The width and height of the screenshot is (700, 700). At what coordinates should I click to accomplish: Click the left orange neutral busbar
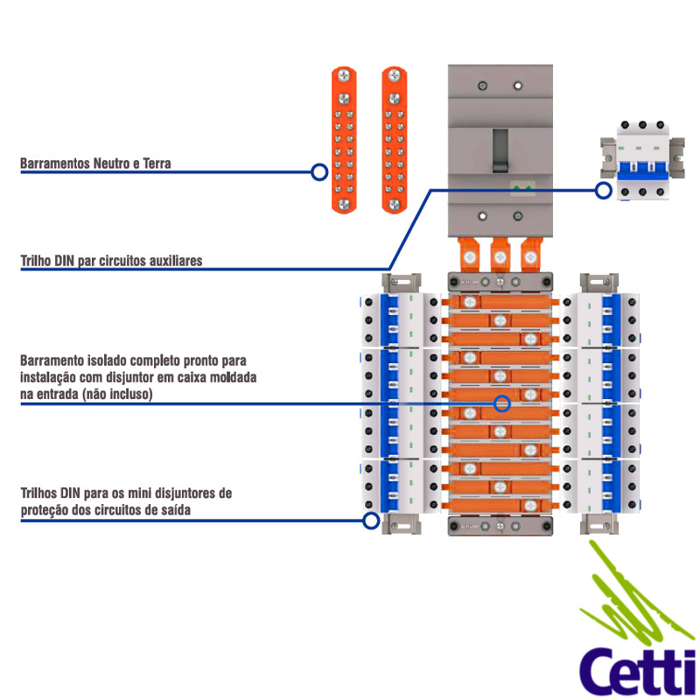(x=343, y=140)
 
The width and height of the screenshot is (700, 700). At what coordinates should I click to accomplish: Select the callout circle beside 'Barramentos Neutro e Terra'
(x=319, y=172)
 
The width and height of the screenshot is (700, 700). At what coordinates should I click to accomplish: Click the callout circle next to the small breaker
(x=604, y=190)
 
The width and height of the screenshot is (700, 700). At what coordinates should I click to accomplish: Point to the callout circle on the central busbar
(x=502, y=403)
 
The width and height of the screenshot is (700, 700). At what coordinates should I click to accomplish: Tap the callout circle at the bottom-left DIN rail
(x=371, y=521)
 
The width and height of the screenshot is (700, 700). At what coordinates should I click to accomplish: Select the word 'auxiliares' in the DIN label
(x=175, y=261)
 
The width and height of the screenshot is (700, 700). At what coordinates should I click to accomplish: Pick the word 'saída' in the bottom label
(x=172, y=510)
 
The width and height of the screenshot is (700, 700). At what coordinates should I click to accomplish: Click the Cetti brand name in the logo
(x=638, y=669)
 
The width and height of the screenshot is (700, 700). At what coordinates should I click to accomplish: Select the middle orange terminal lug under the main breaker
(x=500, y=255)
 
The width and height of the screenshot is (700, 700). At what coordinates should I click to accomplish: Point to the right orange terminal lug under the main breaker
(x=529, y=255)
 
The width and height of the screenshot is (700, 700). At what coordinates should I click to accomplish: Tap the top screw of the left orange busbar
(x=343, y=77)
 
